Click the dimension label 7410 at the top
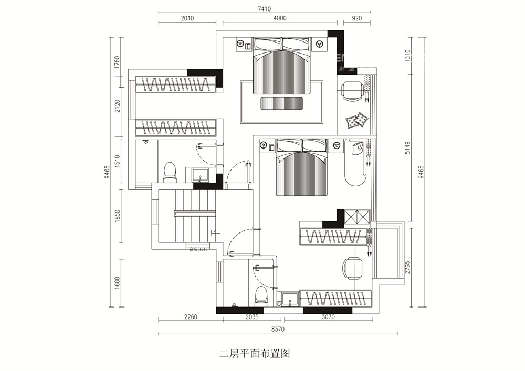(265, 8)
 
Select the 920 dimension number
(357, 18)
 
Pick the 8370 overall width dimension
(278, 329)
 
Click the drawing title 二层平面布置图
(255, 354)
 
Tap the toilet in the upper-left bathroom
(170, 172)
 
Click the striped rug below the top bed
(281, 103)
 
